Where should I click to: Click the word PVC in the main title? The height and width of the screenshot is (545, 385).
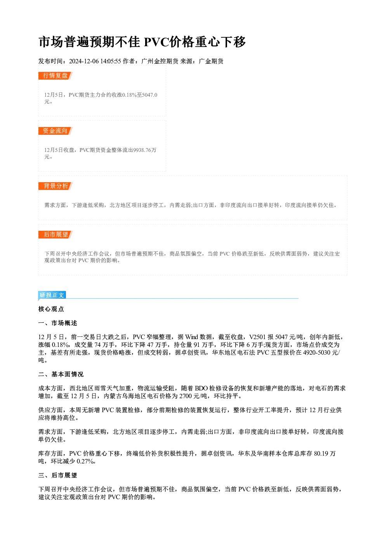(x=156, y=42)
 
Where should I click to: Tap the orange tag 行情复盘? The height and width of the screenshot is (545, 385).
(x=55, y=76)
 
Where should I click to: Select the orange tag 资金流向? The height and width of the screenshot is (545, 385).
(x=55, y=131)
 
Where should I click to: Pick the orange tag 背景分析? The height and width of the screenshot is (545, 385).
(x=55, y=186)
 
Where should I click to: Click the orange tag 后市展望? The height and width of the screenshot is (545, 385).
(x=55, y=235)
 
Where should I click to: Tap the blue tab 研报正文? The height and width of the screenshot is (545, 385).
(x=52, y=295)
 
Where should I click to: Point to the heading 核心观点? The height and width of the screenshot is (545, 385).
(x=51, y=309)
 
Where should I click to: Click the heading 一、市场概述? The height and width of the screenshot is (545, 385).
(x=57, y=323)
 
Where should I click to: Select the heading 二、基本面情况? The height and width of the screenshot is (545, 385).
(x=61, y=374)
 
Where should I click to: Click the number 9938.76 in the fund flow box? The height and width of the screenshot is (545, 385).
(x=142, y=150)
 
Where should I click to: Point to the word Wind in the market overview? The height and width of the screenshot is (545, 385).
(x=191, y=337)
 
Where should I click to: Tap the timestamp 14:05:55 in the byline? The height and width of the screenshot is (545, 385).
(x=111, y=61)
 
